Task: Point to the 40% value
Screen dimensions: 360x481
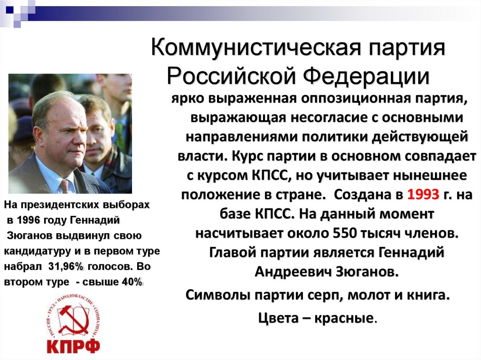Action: coord(132,282)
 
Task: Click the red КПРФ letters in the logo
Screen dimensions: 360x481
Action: coord(73,346)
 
